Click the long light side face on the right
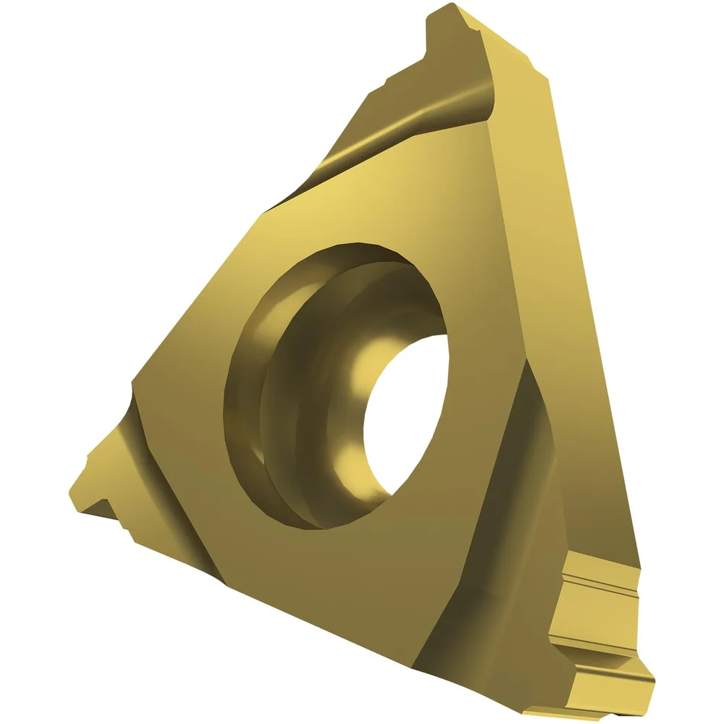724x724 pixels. pos(572,290)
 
